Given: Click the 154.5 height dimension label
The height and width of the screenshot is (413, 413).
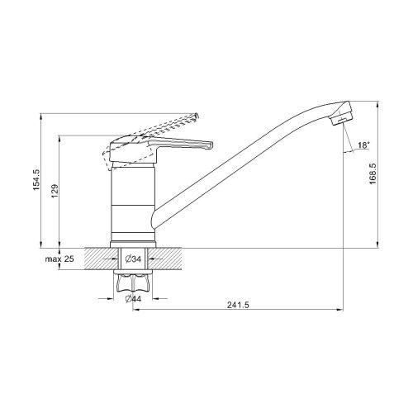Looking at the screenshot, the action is click(x=37, y=180).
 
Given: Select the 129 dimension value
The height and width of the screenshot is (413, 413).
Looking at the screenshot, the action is click(x=55, y=191).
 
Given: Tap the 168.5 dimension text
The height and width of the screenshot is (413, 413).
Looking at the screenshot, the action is click(x=373, y=173).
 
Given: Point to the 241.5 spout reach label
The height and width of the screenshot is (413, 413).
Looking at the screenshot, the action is click(x=238, y=305).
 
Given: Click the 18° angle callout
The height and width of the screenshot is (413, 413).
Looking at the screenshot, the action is click(x=363, y=145).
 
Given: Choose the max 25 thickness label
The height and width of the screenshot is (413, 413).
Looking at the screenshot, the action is click(x=59, y=259).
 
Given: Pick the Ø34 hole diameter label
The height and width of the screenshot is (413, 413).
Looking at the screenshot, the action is click(x=133, y=259).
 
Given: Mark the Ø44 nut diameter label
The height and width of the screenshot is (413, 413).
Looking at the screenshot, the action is click(x=133, y=298).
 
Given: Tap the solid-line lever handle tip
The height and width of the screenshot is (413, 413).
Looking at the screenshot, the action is click(x=210, y=145).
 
